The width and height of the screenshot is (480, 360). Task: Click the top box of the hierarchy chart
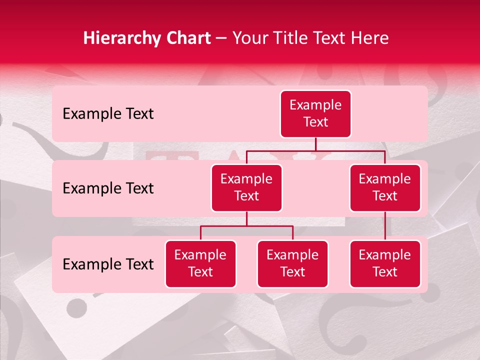[315, 113]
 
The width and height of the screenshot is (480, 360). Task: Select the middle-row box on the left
[246, 187]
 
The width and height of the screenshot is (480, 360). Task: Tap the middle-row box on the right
[385, 187]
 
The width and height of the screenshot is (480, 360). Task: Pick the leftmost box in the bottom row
[200, 263]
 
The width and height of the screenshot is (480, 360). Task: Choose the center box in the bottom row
[292, 263]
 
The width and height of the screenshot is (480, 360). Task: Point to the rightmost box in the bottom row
[385, 263]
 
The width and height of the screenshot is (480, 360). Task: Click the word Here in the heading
[370, 38]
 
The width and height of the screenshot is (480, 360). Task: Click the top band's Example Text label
[108, 114]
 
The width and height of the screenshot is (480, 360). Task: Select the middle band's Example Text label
[108, 188]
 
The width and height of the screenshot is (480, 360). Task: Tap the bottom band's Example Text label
[108, 264]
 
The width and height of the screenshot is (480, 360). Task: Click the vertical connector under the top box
[315, 144]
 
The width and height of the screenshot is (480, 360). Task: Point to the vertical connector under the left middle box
[246, 218]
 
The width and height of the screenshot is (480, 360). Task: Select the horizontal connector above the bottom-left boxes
[246, 226]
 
